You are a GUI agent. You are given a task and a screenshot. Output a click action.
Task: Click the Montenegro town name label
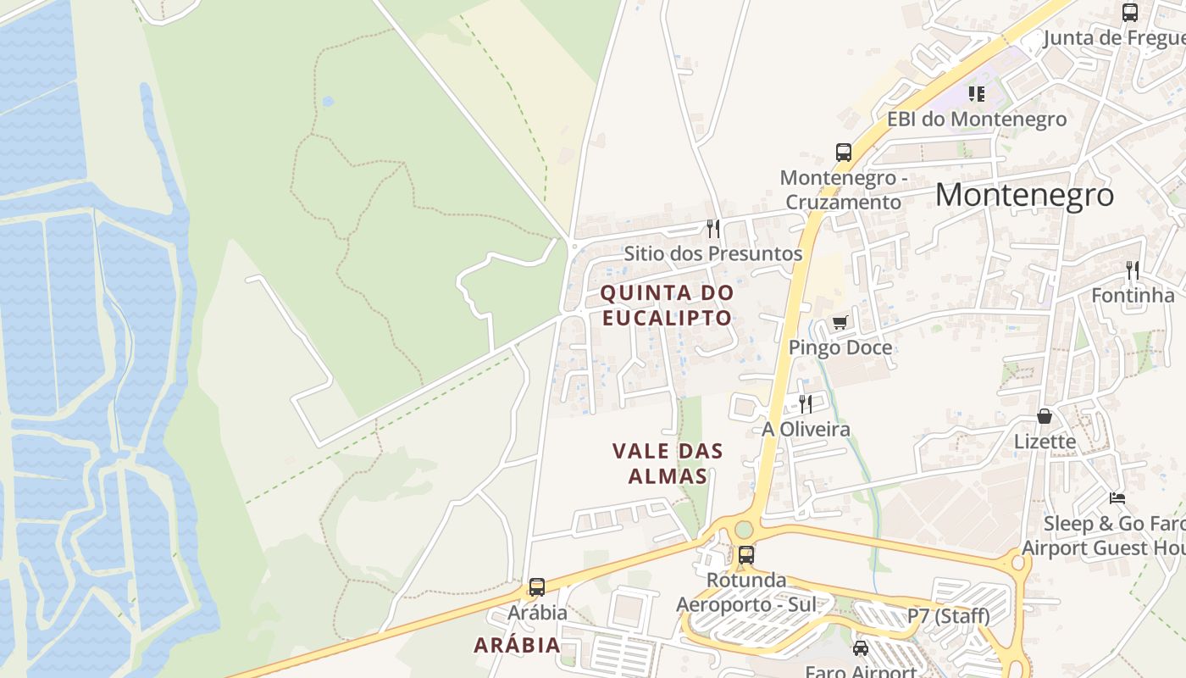pyautogui.click(x=1024, y=195)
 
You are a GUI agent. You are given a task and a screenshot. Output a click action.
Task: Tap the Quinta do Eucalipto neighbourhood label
pyautogui.click(x=667, y=305)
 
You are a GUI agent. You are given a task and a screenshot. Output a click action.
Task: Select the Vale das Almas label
pyautogui.click(x=668, y=463)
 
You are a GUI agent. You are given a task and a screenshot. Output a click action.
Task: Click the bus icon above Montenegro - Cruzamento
pyautogui.click(x=844, y=153)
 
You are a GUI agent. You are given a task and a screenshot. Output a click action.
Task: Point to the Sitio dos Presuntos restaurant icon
pyautogui.click(x=713, y=229)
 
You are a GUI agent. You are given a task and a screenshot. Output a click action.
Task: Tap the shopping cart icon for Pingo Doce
pyautogui.click(x=840, y=322)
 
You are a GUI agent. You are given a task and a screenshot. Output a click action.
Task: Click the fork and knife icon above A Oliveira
pyautogui.click(x=806, y=403)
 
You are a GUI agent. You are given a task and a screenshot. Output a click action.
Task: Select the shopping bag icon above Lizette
pyautogui.click(x=1045, y=416)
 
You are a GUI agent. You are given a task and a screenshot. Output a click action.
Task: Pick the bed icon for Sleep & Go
pyautogui.click(x=1117, y=497)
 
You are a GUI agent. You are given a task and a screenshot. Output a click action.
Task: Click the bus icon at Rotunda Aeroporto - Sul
pyautogui.click(x=746, y=555)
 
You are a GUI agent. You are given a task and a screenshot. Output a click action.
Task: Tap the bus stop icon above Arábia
pyautogui.click(x=536, y=586)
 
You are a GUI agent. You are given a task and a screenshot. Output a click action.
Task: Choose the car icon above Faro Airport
pyautogui.click(x=861, y=648)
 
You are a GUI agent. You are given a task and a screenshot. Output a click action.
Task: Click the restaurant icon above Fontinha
pyautogui.click(x=1132, y=270)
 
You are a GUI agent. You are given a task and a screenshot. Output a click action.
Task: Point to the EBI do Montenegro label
pyautogui.click(x=976, y=119)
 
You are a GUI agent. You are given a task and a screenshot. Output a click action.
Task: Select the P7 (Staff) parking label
pyautogui.click(x=948, y=616)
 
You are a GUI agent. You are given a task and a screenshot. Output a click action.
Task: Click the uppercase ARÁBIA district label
pyautogui.click(x=517, y=645)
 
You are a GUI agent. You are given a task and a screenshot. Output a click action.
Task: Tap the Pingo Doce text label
pyautogui.click(x=840, y=347)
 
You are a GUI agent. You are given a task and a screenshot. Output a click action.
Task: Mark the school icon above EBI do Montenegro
pyautogui.click(x=977, y=93)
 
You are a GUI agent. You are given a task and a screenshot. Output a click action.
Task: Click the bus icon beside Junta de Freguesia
pyautogui.click(x=1129, y=13)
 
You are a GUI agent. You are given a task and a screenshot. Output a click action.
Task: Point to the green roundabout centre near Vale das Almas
pyautogui.click(x=744, y=530)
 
